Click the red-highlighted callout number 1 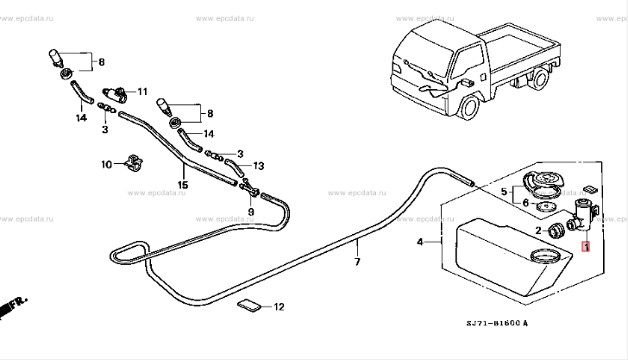click(587, 248)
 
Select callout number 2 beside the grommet click(538, 231)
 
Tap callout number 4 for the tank click(421, 243)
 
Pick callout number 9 click(251, 211)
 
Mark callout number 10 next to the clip click(107, 163)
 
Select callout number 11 click(142, 91)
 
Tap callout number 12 click(278, 306)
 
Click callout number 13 click(258, 165)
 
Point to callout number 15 click(183, 184)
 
